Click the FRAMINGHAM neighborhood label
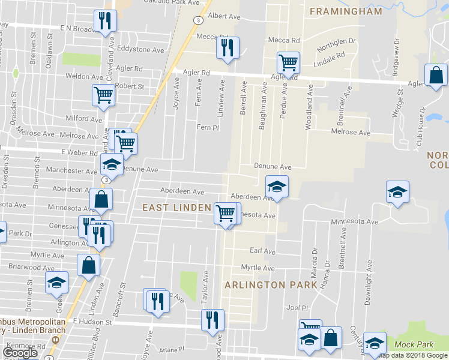point(345,11)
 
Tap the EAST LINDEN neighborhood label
point(177,207)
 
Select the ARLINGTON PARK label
point(270,285)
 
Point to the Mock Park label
point(414,344)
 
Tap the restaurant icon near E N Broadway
point(106,21)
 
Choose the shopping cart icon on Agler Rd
point(289,62)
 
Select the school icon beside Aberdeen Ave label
point(277,187)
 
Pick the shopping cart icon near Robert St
point(104,95)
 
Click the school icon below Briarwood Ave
point(57,283)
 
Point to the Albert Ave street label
point(224,16)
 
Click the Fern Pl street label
point(205,127)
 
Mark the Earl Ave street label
point(262,251)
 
